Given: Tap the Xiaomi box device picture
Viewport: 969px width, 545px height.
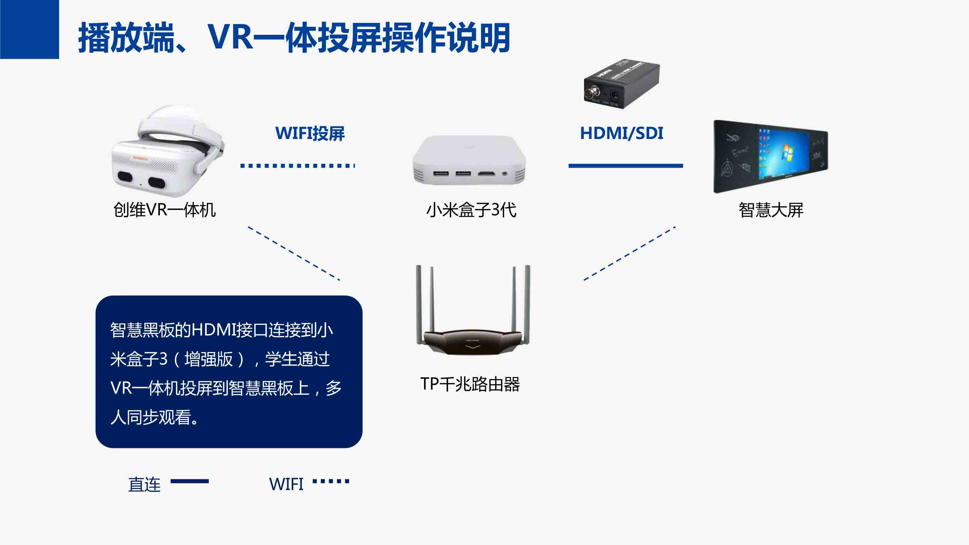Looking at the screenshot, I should click(469, 160).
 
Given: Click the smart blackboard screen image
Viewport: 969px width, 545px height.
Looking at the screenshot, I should click(770, 156).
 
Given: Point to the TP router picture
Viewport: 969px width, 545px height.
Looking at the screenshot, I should click(473, 312).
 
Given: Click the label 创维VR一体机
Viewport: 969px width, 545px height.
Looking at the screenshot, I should click(164, 210).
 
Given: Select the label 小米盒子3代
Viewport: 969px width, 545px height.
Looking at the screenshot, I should click(471, 210).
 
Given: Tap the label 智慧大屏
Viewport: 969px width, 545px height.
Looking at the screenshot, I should click(771, 210).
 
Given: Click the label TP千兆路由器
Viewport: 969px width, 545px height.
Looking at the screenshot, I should click(470, 384).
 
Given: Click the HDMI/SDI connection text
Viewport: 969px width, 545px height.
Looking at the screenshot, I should click(621, 133).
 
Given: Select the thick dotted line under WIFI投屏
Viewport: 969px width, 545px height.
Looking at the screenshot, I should click(297, 165).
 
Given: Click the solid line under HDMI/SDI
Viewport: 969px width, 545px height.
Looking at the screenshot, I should click(625, 165).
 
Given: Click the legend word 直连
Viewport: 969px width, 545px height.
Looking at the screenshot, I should click(144, 485).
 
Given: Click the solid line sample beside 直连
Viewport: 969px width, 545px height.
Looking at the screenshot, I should click(190, 481).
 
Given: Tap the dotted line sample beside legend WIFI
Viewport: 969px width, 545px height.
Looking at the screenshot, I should click(331, 481).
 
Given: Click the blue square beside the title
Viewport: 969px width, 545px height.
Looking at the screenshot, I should click(29, 29).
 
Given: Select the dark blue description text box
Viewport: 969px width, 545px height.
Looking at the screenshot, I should click(229, 372).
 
